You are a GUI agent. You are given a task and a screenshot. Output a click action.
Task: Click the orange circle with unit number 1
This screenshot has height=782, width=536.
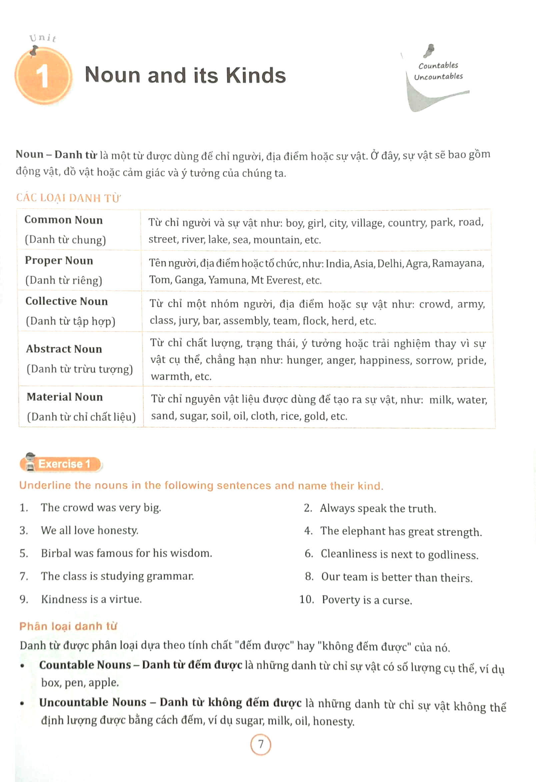pyautogui.click(x=43, y=76)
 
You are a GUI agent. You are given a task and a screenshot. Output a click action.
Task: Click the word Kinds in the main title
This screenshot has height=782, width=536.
pyautogui.click(x=256, y=75)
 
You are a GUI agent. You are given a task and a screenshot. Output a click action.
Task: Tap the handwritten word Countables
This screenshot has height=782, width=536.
pyautogui.click(x=438, y=65)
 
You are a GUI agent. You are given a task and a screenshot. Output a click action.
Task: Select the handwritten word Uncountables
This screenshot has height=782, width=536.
pyautogui.click(x=438, y=77)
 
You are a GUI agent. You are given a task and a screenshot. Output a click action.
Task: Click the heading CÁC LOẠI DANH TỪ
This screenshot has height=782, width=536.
pyautogui.click(x=68, y=198)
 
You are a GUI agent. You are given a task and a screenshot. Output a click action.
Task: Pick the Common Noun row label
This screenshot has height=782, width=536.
pyautogui.click(x=64, y=220)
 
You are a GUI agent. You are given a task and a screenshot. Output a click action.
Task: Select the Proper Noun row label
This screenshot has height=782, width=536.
pyautogui.click(x=59, y=261)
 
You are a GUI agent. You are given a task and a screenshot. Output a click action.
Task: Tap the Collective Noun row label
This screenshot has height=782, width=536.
pyautogui.click(x=67, y=301)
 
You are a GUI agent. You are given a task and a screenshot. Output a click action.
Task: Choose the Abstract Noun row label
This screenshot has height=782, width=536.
pyautogui.click(x=64, y=349)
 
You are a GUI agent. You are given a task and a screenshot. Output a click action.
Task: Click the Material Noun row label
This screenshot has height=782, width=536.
pyautogui.click(x=65, y=397)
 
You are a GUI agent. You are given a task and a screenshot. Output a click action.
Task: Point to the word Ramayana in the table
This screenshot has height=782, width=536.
pyautogui.click(x=458, y=263)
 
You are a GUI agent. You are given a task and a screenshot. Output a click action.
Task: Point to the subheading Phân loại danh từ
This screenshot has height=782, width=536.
pyautogui.click(x=68, y=626)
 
